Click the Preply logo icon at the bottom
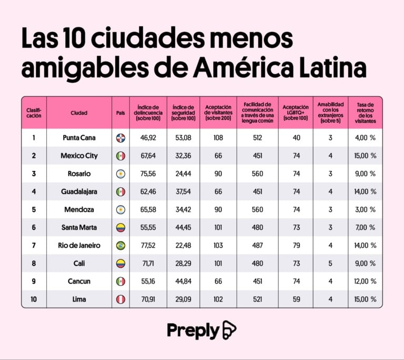coord(229,330)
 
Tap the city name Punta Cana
coord(79,138)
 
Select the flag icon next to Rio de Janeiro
coord(120,245)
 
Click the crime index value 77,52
coord(148,245)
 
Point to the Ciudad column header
coord(79,113)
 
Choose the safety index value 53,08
coord(184,138)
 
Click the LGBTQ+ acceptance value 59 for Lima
coord(296,299)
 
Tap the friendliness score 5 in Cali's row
coord(330,263)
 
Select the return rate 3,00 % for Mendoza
coord(366,209)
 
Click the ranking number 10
coord(34,299)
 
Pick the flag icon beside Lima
coord(120,299)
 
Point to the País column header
coord(120,113)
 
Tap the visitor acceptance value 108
coord(218,138)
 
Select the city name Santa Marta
coord(79,227)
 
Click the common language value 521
coord(257,299)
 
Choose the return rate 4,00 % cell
coord(366,138)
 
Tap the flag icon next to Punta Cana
coord(120,138)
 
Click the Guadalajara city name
coord(79,192)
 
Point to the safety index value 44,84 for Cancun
coord(184,281)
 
